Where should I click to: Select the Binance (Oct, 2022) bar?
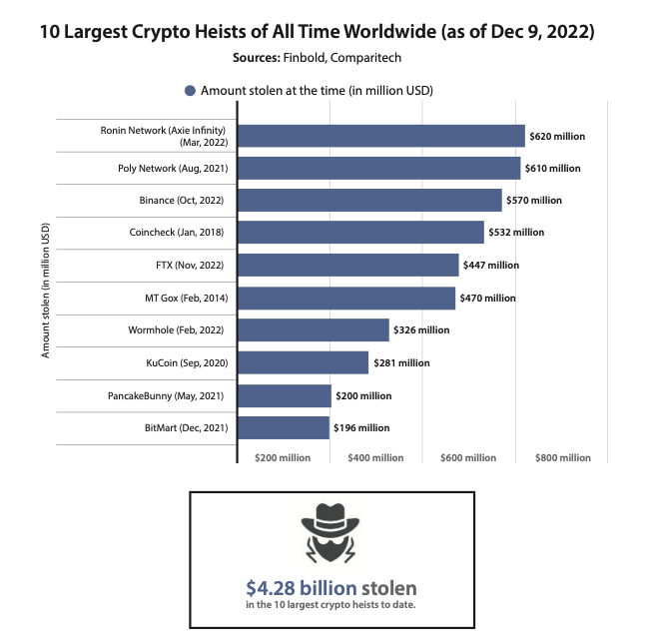(x=369, y=200)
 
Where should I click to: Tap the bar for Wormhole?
(x=314, y=330)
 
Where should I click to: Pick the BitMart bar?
(x=284, y=427)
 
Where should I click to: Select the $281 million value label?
(x=401, y=362)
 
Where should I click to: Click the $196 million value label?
(x=361, y=427)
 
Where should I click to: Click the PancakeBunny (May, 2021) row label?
(x=165, y=395)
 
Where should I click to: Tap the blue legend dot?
(x=191, y=90)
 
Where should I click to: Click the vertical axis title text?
(x=45, y=291)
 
